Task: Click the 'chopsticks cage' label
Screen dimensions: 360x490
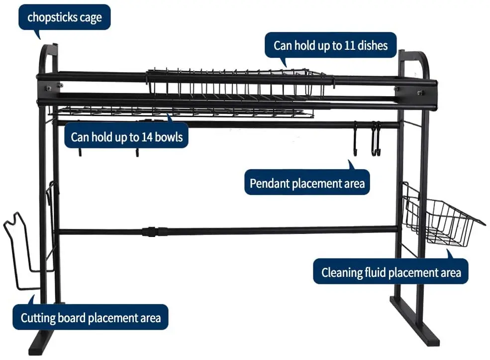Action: [x=65, y=18]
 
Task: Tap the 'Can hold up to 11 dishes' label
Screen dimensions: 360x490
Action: [x=330, y=46]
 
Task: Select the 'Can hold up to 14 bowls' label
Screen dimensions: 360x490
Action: [x=127, y=136]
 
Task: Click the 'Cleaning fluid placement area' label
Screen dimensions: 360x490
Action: [x=391, y=272]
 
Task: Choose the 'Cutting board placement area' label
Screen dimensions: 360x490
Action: [x=91, y=318]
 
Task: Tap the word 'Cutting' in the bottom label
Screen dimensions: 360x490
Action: [x=38, y=318]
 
